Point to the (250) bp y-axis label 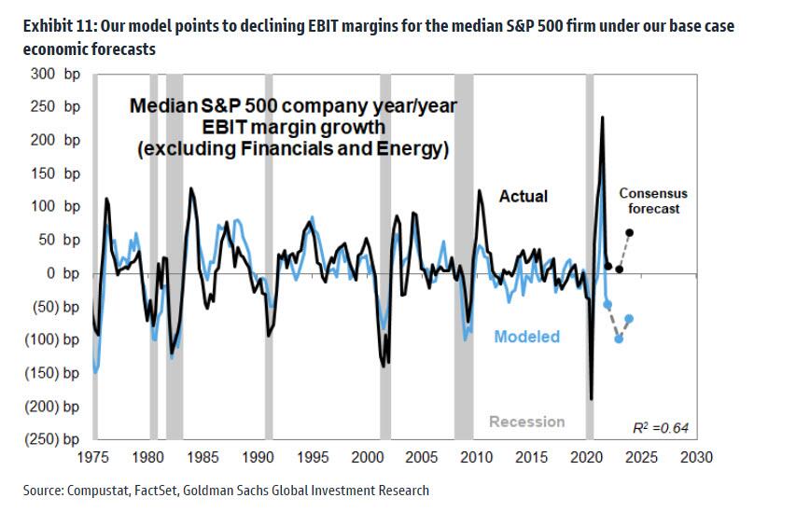click(x=52, y=439)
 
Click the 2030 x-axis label click(x=696, y=458)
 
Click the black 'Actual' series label click(x=524, y=197)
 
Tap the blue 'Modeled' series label click(x=527, y=337)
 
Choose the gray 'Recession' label click(x=526, y=422)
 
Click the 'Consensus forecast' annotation click(x=653, y=201)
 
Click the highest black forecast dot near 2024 click(x=629, y=232)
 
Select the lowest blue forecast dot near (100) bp click(x=619, y=339)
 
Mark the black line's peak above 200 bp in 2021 click(x=601, y=118)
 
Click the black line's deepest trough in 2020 click(x=591, y=398)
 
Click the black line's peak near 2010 click(x=480, y=191)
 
